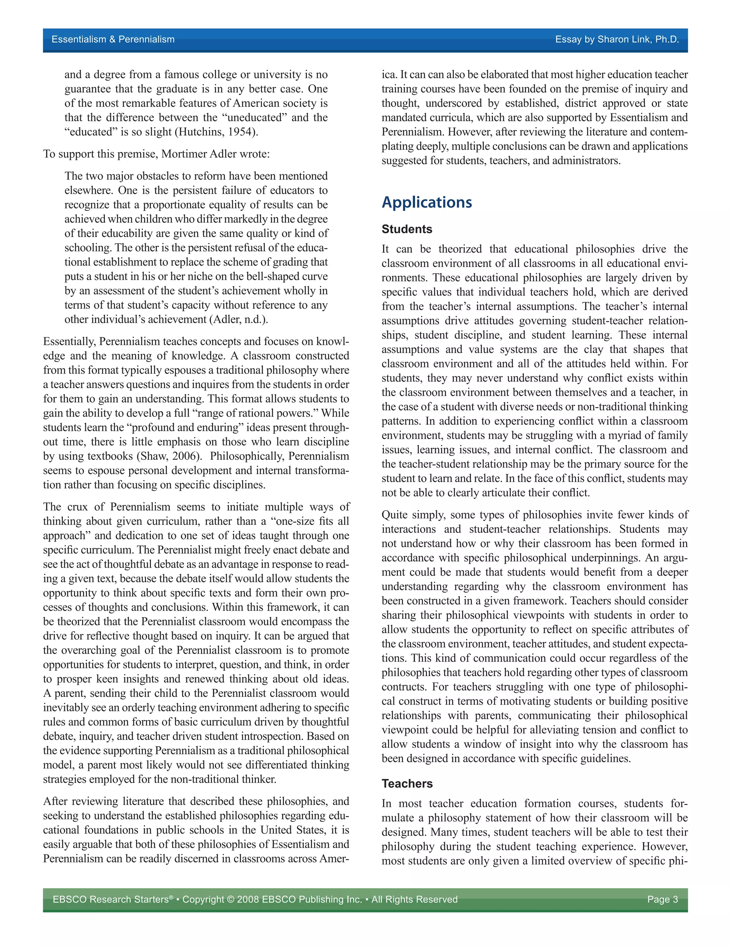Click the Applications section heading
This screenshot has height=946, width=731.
tap(427, 202)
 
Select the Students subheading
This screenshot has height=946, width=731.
tap(407, 229)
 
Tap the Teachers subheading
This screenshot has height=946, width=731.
tap(407, 784)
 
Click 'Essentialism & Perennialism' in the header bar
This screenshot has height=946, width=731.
tap(113, 39)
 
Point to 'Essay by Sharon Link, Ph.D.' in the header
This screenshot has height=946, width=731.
tap(617, 39)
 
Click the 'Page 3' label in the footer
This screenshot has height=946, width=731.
tap(662, 899)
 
